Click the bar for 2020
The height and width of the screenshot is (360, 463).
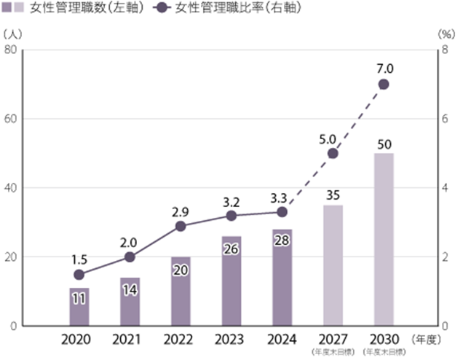[79, 307]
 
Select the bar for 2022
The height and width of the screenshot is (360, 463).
[181, 291]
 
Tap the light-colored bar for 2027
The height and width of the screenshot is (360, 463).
[333, 265]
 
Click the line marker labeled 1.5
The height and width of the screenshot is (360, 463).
[79, 275]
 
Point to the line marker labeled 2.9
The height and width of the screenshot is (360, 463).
[181, 226]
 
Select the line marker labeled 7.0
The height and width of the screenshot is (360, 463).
[384, 85]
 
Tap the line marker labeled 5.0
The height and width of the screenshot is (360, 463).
[333, 153]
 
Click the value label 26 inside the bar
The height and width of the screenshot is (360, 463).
[231, 249]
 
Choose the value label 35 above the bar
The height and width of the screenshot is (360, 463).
[333, 195]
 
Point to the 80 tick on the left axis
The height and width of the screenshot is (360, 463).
[11, 50]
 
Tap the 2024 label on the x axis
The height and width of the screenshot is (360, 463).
[282, 340]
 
